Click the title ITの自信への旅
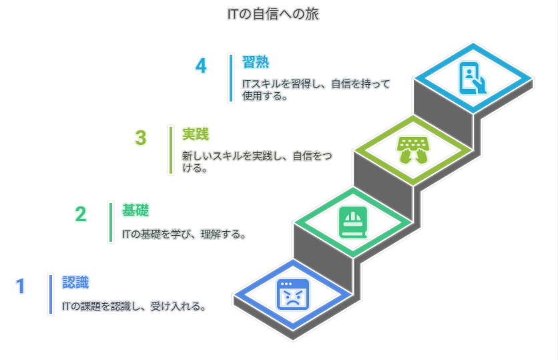[x=278, y=13]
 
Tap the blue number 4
[x=201, y=66]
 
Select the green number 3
[x=140, y=138]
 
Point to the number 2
[x=81, y=214]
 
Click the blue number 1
[x=20, y=286]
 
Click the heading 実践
[x=196, y=134]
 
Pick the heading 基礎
[x=135, y=210]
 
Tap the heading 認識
[x=75, y=282]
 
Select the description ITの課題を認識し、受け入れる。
[x=133, y=307]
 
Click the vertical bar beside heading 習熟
[x=231, y=78]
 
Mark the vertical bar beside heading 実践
[x=171, y=150]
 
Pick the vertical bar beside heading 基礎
[x=111, y=222]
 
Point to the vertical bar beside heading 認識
[x=51, y=294]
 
